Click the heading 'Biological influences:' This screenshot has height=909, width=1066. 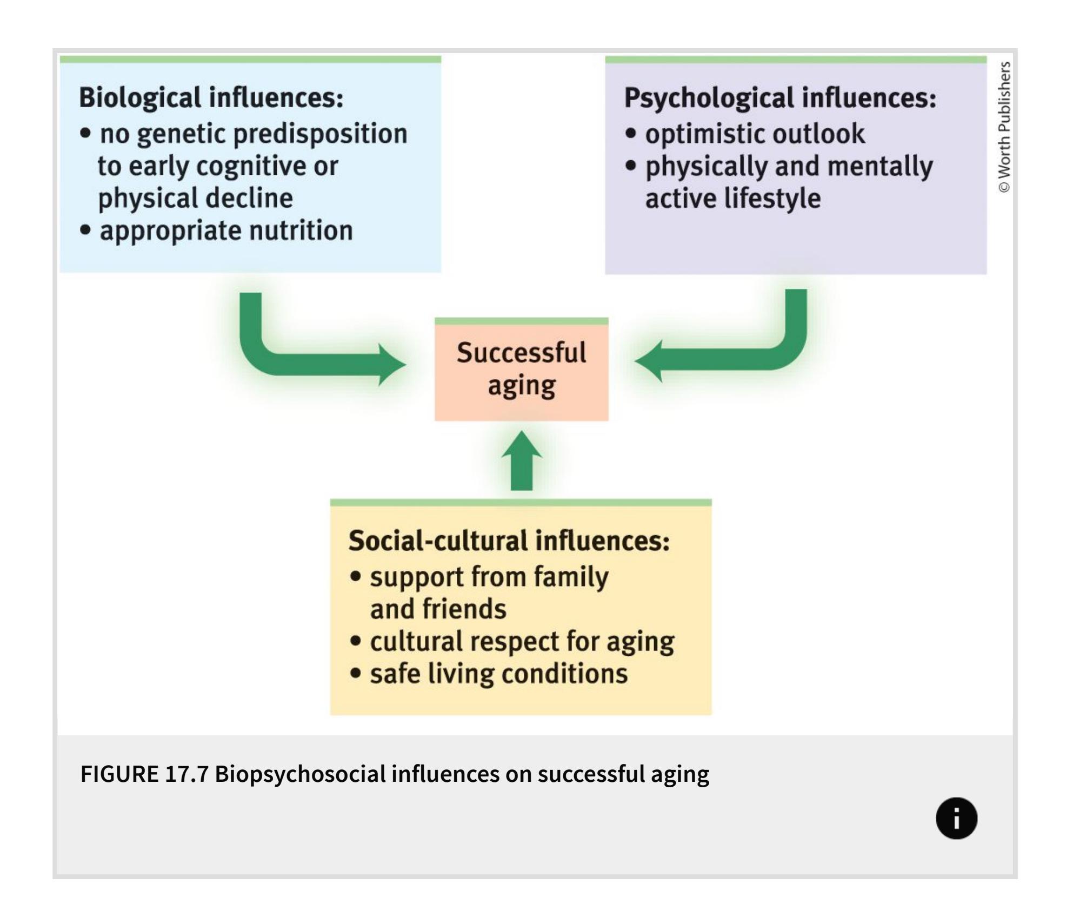pos(211,98)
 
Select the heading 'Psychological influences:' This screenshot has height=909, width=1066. pos(780,98)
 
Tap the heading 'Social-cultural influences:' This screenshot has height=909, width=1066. pos(509,541)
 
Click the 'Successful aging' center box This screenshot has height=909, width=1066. pos(522,370)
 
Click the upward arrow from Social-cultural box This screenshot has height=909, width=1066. pos(522,462)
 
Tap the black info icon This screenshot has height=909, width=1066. pos(956,818)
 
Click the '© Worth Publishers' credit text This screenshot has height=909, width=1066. pos(1004,127)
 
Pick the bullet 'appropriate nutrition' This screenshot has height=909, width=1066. pos(226,230)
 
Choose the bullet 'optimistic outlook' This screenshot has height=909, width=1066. pos(755,134)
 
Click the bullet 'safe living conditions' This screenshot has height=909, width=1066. pos(498,674)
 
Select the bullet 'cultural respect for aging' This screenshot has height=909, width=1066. pos(522,642)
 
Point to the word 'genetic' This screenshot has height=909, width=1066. pos(181,134)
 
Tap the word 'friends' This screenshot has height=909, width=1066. pos(465,609)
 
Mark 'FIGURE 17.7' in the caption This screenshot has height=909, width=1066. pos(144,774)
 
